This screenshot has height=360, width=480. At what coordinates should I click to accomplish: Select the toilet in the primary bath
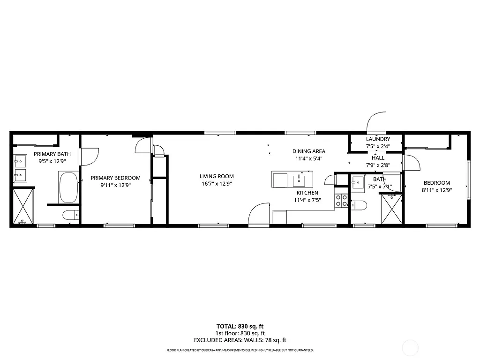pyautogui.click(x=70, y=216)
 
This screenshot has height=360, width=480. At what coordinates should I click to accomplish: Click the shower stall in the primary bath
pyautogui.click(x=22, y=206)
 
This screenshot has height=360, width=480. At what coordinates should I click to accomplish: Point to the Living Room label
pyautogui.click(x=217, y=177)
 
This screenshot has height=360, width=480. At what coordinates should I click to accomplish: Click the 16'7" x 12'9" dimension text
pyautogui.click(x=217, y=184)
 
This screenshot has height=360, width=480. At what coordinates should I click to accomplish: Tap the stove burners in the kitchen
pyautogui.click(x=341, y=201)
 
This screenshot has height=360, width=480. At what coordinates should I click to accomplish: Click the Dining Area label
pyautogui.click(x=308, y=151)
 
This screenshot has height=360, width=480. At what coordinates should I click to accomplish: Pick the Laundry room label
pyautogui.click(x=378, y=139)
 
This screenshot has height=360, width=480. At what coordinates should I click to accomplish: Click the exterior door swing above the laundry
pyautogui.click(x=376, y=123)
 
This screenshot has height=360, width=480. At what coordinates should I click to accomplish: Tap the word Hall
pyautogui.click(x=378, y=158)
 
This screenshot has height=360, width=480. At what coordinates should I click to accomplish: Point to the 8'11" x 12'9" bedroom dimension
pyautogui.click(x=436, y=190)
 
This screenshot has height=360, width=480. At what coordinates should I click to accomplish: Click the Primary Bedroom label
pyautogui.click(x=115, y=178)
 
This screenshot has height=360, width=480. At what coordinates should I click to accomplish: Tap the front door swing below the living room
pyautogui.click(x=259, y=214)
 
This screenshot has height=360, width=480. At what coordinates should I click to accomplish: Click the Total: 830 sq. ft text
pyautogui.click(x=240, y=326)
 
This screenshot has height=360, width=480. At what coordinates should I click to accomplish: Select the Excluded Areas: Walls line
pyautogui.click(x=240, y=340)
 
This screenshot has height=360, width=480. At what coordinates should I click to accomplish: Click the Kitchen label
pyautogui.click(x=307, y=193)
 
